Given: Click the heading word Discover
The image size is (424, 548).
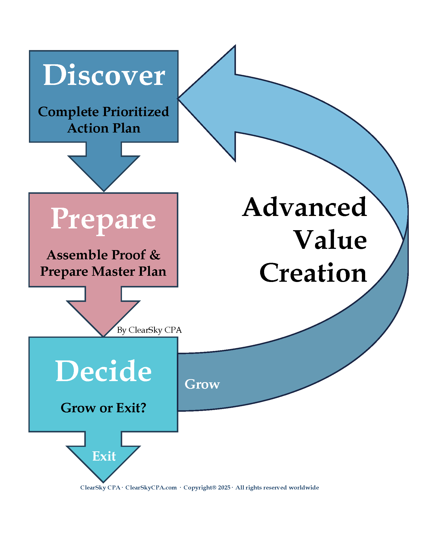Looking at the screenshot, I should coord(104,75).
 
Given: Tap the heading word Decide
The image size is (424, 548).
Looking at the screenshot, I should coord(104,371).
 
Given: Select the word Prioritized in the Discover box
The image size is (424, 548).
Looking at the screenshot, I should coord(136,112).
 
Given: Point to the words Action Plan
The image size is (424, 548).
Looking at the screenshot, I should coord(104,128).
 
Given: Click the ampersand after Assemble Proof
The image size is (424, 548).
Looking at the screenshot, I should coord(155,255).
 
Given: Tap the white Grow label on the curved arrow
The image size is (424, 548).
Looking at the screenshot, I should coord(202,384).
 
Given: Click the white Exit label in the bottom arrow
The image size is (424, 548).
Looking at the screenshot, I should coord(104,456).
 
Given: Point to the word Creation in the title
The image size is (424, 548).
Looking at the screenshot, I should coord(313,273).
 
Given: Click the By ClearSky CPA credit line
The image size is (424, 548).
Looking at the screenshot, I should coord(149,330).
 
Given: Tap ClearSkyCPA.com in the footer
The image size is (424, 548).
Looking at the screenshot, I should coord(151,487).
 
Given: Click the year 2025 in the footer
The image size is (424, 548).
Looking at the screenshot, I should coord(224,487).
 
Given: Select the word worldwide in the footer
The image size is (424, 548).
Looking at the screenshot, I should coord(304,487).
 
